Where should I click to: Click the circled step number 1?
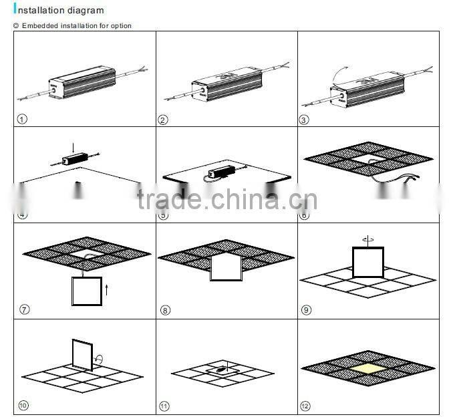[x=23, y=120]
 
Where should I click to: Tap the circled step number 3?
[x=306, y=120]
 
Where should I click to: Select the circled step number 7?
[x=25, y=309]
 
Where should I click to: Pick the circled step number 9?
[x=307, y=309]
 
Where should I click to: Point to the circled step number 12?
[x=307, y=405]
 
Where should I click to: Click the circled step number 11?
[x=164, y=405]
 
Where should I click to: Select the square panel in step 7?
[x=87, y=291]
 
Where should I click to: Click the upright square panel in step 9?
[x=368, y=261]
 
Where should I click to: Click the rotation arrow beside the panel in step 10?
[x=99, y=359]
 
